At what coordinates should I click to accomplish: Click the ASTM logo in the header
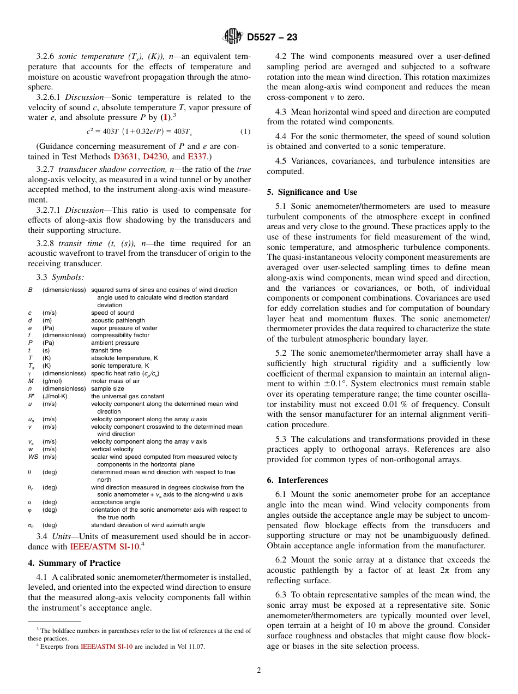click(233, 37)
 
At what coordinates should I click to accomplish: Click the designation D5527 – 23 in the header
click(272, 38)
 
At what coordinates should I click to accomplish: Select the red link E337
click(196, 157)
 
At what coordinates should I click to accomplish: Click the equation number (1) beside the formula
click(245, 131)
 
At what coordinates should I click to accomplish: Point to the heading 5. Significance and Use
click(312, 192)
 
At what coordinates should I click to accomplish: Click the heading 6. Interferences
click(297, 480)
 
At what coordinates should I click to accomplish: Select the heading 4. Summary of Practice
click(74, 563)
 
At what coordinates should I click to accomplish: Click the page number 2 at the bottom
click(259, 671)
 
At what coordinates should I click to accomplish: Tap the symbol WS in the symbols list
click(33, 457)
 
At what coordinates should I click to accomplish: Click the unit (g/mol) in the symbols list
click(54, 381)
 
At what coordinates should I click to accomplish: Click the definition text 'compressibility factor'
click(119, 336)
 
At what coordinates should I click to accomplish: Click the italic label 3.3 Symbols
click(60, 278)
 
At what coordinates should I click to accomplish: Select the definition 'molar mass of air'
click(115, 381)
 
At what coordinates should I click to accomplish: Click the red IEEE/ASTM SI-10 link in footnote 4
click(106, 647)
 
